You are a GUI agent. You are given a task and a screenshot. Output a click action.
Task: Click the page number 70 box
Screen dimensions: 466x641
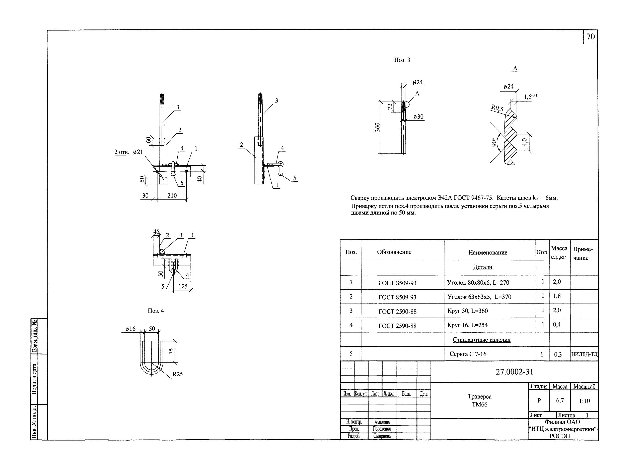590,37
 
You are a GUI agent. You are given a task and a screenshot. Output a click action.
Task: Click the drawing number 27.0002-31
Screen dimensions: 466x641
514,372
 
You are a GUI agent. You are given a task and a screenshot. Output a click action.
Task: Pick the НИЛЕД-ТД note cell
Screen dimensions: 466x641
584,354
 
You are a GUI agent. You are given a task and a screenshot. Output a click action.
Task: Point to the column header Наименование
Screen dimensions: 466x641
488,252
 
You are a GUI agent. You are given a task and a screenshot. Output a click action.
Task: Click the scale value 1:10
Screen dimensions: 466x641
584,401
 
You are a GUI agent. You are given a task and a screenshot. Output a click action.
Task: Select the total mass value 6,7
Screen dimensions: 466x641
560,400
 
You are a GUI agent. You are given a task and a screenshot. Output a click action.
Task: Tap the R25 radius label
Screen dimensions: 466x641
177,374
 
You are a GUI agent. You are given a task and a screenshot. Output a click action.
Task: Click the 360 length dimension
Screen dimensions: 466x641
378,127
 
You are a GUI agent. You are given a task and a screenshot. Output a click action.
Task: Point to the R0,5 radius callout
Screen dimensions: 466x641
497,108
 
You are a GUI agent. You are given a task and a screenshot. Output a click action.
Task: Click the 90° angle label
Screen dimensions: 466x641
493,142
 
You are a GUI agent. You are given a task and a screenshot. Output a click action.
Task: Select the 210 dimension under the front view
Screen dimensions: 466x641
172,195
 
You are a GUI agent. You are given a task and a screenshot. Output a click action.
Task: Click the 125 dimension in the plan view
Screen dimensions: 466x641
183,286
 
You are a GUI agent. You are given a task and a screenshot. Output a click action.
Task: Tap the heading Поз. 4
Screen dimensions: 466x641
156,311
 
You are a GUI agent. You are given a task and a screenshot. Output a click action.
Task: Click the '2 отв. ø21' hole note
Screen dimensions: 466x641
129,152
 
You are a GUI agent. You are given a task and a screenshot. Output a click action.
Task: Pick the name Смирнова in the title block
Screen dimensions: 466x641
382,436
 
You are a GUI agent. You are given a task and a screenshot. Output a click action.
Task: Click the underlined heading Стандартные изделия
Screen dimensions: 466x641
482,340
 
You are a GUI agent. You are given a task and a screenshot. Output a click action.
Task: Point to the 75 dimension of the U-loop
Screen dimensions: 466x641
171,351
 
